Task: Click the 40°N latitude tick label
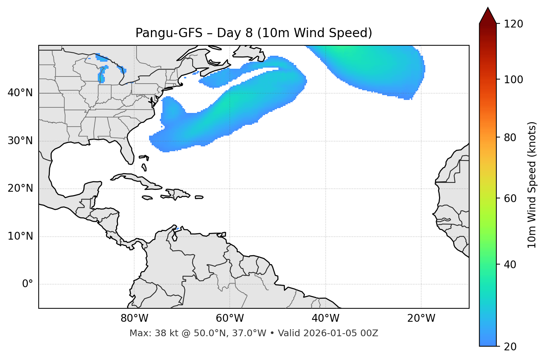coord(20,93)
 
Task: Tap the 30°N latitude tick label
coord(20,141)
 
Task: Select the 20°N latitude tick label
coord(20,189)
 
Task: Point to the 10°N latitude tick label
coord(20,236)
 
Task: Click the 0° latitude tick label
coord(28,284)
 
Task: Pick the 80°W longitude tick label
coord(134,318)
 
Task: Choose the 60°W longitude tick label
coord(230,318)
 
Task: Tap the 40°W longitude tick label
coord(325,318)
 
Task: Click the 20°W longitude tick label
coord(421,318)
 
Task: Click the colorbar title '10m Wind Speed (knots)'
coord(532,185)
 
